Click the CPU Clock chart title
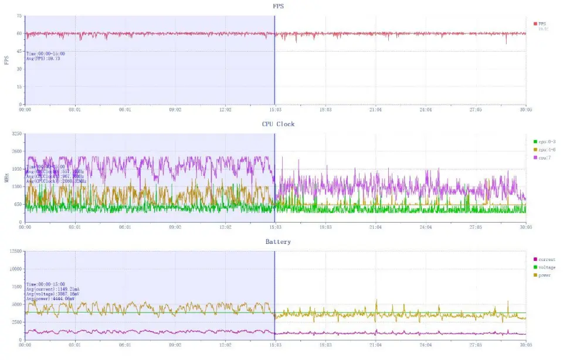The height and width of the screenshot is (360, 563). click(278, 124)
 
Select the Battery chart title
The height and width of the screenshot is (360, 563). click(277, 242)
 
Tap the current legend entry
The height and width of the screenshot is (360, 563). click(547, 259)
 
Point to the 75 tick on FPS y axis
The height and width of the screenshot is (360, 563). click(19, 16)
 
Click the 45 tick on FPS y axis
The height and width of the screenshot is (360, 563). click(19, 52)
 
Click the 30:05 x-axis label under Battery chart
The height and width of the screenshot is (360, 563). click(525, 345)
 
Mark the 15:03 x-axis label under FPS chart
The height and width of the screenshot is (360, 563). click(275, 110)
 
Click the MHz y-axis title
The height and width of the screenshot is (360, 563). click(6, 177)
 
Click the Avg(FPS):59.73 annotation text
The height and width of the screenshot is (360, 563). click(43, 59)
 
